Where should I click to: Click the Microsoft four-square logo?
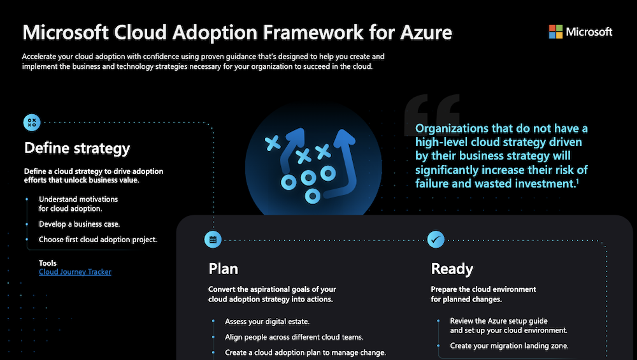pos(555,32)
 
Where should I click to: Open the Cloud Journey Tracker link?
pos(75,272)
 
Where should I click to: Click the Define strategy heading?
pos(77,148)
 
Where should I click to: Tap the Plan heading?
pos(224,268)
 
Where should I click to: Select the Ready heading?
pos(452,268)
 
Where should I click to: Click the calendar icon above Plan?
pos(213,240)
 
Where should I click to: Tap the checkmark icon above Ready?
pos(436,240)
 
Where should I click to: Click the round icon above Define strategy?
pos(32,122)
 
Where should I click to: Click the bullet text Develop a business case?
pos(79,224)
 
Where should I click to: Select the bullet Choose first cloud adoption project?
pos(97,240)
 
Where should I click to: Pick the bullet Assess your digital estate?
pos(267,322)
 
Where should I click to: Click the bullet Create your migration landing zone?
pos(509,346)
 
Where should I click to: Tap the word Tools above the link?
pos(48,263)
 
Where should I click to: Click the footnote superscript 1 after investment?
pos(577,182)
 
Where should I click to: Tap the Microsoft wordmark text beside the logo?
pos(589,32)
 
